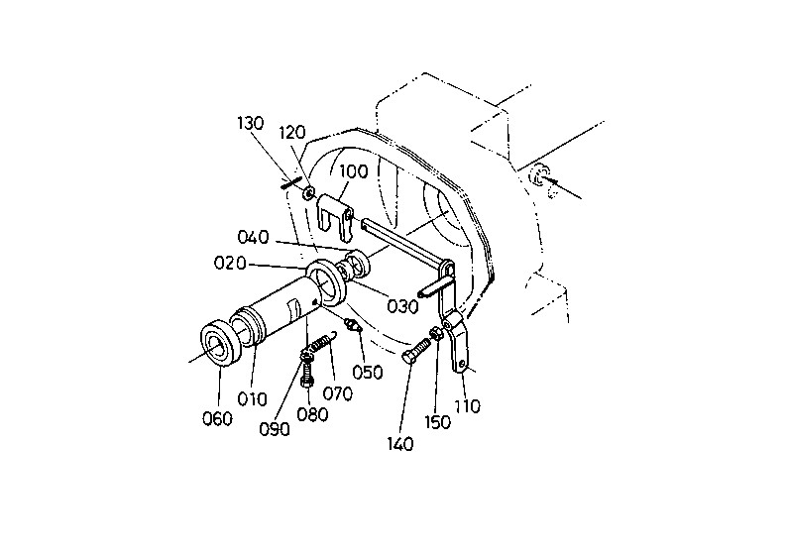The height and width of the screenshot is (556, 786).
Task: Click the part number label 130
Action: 251,123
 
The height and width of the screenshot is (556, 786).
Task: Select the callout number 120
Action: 292,133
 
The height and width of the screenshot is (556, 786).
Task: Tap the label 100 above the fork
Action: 354,171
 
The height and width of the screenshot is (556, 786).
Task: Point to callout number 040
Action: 253,237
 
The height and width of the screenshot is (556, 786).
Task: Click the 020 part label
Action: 230,263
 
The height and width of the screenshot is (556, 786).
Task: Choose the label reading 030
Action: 403,306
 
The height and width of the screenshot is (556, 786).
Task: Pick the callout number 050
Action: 368,373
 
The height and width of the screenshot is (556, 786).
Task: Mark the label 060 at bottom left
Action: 217,418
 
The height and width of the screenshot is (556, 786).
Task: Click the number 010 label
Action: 252,399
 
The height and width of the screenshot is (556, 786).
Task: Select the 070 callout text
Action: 338,394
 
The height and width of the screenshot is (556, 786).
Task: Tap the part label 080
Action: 313,414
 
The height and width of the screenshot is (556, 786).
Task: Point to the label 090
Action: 275,430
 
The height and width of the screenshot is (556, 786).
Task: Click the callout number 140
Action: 400,444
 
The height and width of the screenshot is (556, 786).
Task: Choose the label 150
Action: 438,422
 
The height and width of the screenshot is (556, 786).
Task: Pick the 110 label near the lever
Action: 467,405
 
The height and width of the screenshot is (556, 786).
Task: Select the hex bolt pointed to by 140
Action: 416,351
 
